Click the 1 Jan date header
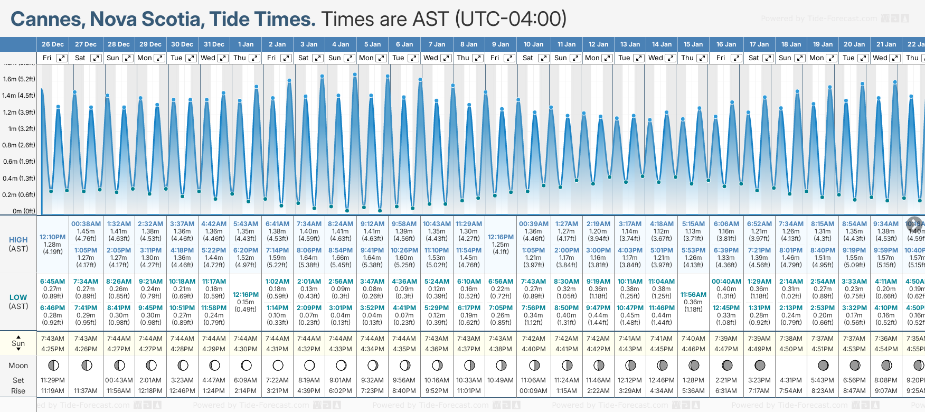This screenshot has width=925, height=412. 246,44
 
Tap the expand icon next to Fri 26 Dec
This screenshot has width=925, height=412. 62,58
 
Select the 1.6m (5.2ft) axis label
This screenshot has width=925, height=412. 19,79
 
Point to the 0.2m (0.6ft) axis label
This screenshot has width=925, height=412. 19,195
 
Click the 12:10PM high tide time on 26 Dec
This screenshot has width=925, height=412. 52,237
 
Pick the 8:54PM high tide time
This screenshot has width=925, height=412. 341,250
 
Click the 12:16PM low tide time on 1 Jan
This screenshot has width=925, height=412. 246,295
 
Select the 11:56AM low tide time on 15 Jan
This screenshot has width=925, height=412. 693,295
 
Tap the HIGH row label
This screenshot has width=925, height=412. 18,240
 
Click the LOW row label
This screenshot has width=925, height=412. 18,297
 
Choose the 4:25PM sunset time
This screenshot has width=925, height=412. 52,349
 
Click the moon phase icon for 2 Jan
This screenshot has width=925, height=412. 278,365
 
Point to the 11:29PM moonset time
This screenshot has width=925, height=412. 52,380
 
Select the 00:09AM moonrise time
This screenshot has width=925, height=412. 533,391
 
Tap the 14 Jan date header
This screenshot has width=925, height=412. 662,44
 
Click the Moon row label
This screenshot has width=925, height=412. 18,366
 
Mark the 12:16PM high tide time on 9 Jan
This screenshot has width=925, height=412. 501,237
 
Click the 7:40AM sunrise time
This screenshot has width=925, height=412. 693,339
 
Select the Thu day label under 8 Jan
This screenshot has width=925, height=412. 463,58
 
